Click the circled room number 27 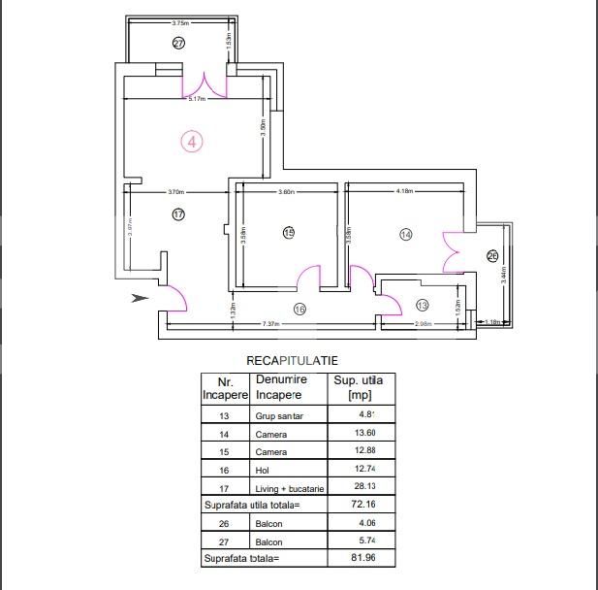click(x=178, y=43)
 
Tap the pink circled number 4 click(x=192, y=142)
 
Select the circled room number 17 click(x=178, y=214)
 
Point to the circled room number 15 click(x=288, y=232)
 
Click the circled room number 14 click(x=405, y=234)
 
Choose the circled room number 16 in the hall click(x=299, y=309)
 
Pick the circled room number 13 click(x=422, y=306)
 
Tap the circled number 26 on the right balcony click(x=491, y=256)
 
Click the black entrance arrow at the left click(x=140, y=298)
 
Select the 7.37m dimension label click(x=270, y=324)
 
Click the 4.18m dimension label click(x=405, y=192)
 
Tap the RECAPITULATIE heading click(x=292, y=360)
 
